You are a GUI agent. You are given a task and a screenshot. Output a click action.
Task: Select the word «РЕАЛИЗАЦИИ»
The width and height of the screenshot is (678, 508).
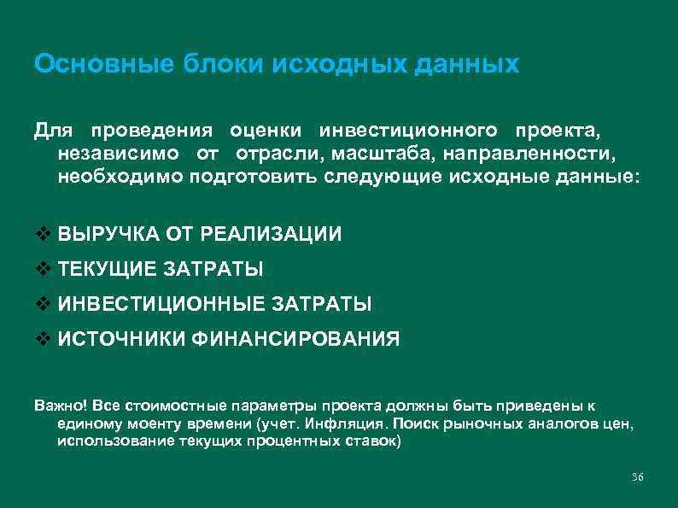278,234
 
